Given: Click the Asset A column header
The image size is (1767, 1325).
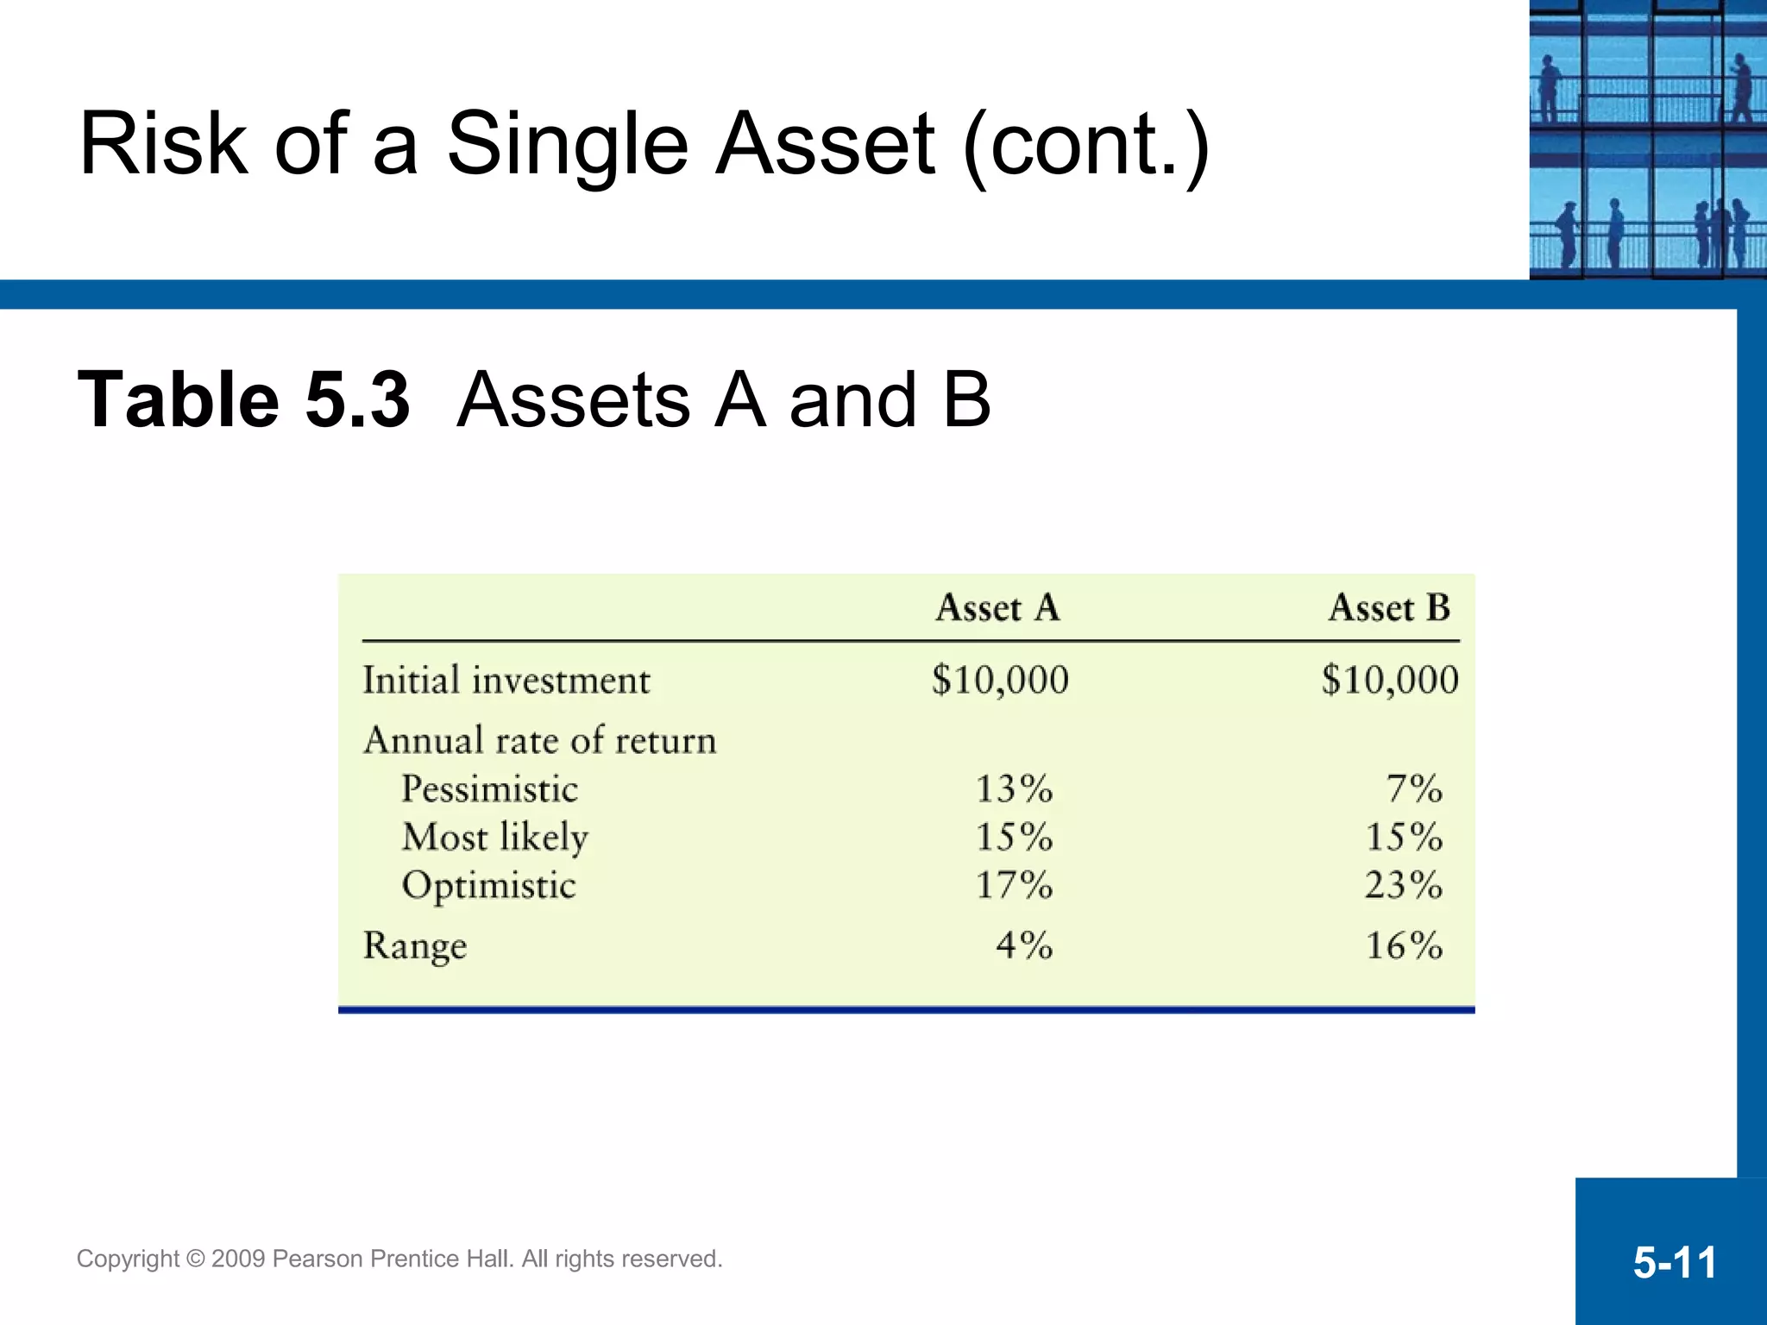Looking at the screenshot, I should click(997, 608).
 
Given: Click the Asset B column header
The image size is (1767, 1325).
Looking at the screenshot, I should click(1389, 608).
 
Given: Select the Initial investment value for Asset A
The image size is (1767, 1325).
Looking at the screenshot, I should click(1000, 680).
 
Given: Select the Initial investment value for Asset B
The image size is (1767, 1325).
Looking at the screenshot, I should click(1389, 680).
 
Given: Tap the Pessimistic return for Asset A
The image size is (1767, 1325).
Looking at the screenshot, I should click(1014, 788).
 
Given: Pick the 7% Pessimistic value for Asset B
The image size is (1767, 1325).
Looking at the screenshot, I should click(1413, 788).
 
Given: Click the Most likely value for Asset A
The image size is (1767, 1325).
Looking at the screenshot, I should click(1014, 837).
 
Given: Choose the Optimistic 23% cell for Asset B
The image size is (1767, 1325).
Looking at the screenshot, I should click(1403, 885).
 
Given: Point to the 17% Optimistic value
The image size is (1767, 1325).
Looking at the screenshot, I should click(1014, 885).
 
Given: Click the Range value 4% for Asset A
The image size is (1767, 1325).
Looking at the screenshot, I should click(1024, 945).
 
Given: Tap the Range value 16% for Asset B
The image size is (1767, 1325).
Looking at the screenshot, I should click(1403, 945).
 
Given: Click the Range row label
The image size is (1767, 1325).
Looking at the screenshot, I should click(415, 946).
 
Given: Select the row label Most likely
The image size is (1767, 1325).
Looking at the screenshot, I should click(495, 838).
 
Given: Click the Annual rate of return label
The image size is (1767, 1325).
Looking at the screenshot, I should click(540, 741).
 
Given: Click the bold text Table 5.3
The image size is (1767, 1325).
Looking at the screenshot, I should click(243, 399).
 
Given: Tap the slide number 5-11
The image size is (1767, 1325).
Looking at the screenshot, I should click(1675, 1263).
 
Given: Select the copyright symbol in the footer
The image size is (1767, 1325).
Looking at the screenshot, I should click(195, 1259).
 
